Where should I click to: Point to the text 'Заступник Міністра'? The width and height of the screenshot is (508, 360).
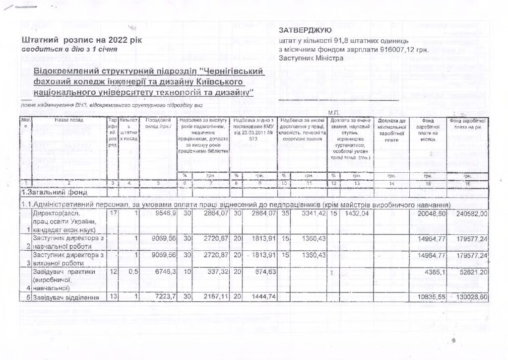pos(311,58)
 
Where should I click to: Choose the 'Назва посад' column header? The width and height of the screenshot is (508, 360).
pos(69,120)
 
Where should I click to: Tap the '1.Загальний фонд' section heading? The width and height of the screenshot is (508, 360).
pos(55,193)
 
